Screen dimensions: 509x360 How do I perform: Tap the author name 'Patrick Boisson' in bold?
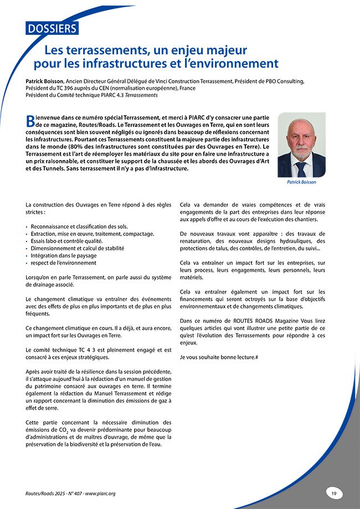46,81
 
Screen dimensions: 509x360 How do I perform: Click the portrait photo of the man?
302,145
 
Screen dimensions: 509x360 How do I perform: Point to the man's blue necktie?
301,168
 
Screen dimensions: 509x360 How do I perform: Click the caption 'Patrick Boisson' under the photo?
302,182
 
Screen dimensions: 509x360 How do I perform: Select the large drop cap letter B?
31,121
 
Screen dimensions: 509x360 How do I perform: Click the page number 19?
334,492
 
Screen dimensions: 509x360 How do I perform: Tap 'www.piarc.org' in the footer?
100,493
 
